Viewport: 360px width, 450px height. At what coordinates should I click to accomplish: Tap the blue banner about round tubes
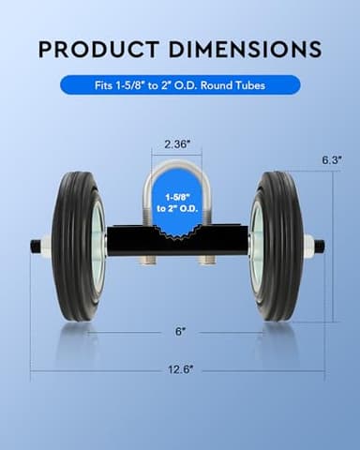pyautogui.click(x=180, y=85)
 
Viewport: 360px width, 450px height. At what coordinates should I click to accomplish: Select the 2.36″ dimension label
pyautogui.click(x=178, y=145)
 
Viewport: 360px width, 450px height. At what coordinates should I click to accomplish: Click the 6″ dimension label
pyautogui.click(x=178, y=331)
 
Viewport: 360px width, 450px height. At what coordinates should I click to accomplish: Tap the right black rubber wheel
pyautogui.click(x=280, y=246)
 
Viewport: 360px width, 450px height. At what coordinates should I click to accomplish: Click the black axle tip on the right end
pyautogui.click(x=320, y=247)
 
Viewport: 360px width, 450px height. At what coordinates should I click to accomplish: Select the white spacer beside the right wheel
pyautogui.click(x=307, y=247)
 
